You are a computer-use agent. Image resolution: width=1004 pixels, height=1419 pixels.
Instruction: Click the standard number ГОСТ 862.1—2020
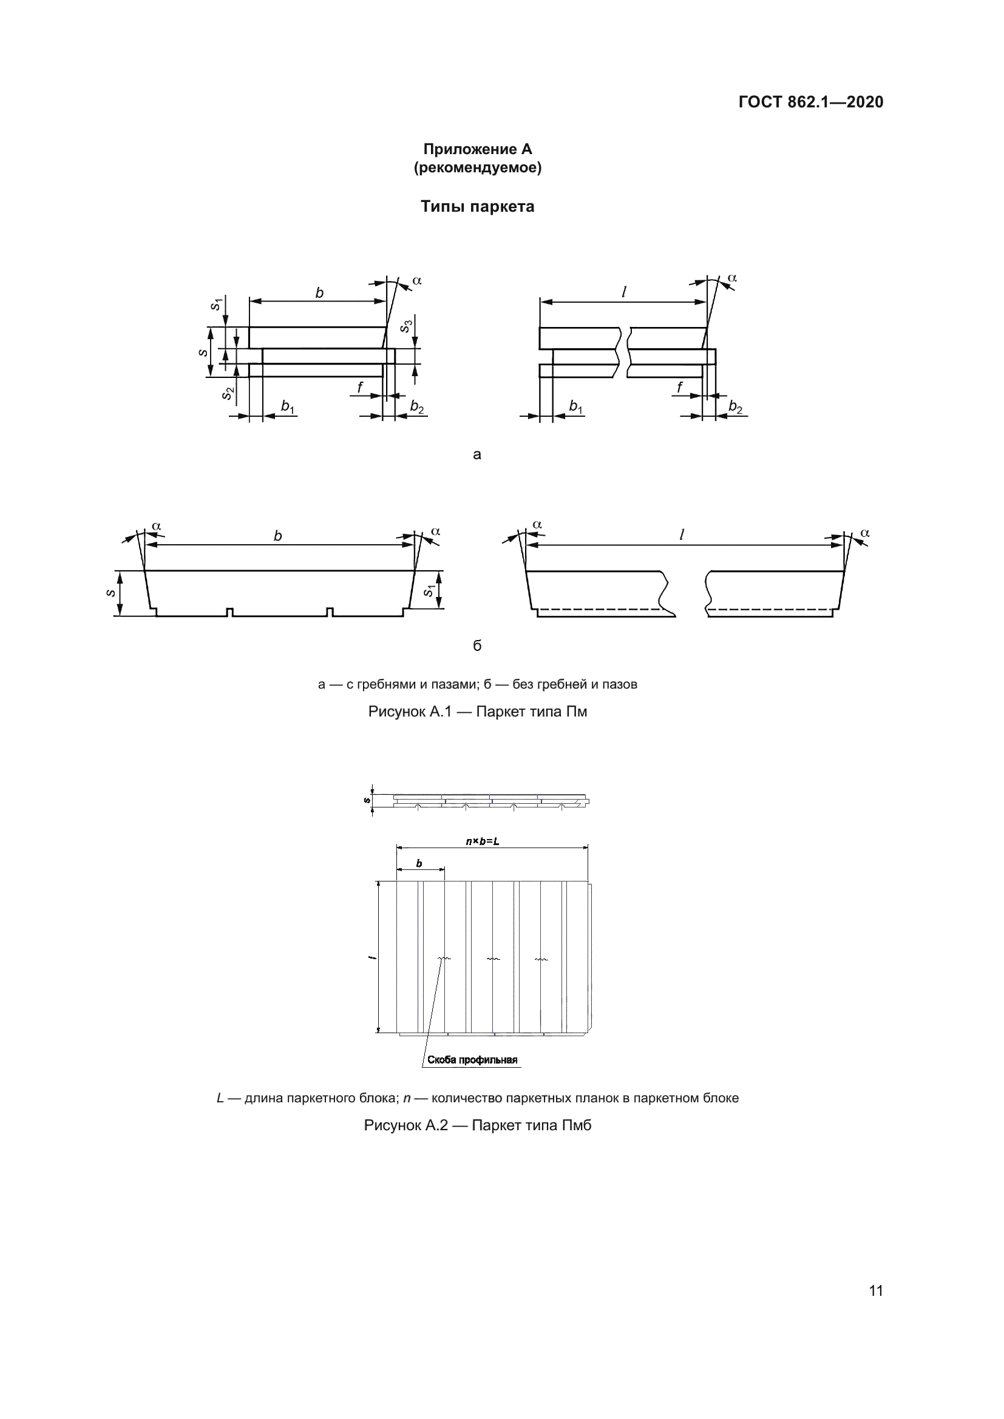[810, 102]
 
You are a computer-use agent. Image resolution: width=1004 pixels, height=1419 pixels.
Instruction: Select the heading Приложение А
[477, 149]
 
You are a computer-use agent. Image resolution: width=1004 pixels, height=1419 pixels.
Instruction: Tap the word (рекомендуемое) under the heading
[477, 167]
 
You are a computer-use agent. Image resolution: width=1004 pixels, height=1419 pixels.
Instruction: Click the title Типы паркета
[477, 206]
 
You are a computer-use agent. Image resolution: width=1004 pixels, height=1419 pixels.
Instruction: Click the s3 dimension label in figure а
[406, 326]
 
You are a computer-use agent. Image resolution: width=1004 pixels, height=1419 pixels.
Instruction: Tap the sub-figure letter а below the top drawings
[477, 455]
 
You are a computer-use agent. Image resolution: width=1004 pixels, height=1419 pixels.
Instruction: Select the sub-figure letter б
[477, 646]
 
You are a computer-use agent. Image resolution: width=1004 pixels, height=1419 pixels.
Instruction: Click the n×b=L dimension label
[482, 841]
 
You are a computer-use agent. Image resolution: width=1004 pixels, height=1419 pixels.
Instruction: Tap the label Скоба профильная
[472, 1060]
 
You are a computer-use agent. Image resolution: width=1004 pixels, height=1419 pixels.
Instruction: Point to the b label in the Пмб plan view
[419, 863]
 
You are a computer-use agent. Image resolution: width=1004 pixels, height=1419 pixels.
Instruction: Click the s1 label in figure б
[428, 592]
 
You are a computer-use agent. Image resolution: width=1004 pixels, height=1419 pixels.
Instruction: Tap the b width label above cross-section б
[277, 536]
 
